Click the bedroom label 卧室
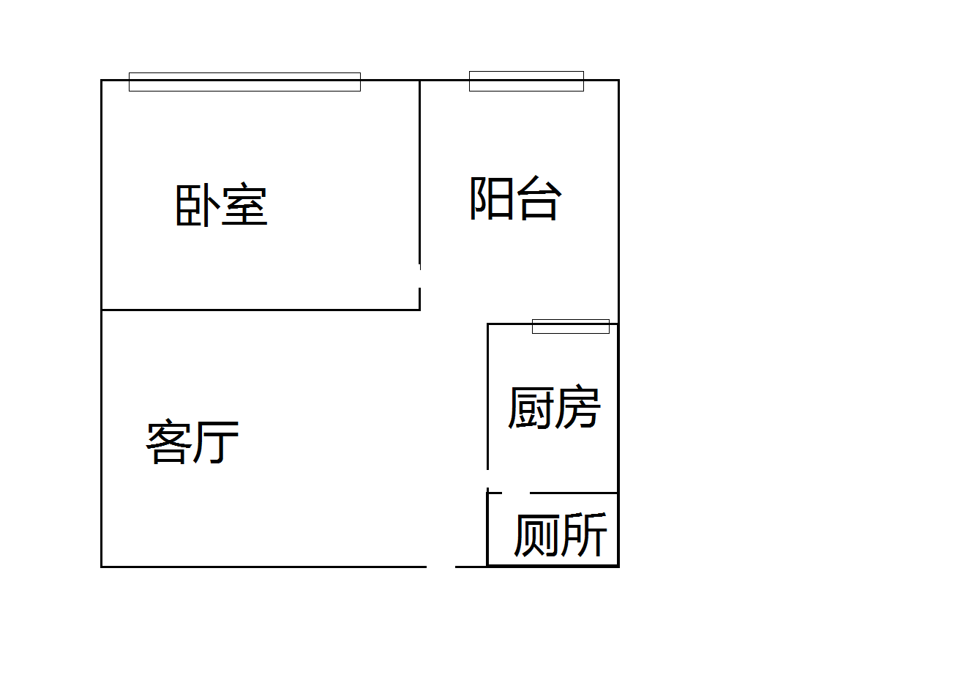tap(222, 205)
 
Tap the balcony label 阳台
tap(515, 198)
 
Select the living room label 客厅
tap(192, 442)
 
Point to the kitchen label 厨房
tap(554, 407)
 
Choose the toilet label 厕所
tap(560, 535)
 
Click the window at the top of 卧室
tap(244, 82)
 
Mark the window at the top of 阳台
tap(526, 81)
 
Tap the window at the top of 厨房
tap(570, 326)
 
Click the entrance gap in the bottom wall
tap(441, 566)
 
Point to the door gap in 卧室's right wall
tap(419, 276)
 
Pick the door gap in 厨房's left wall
tap(488, 479)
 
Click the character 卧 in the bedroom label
tap(198, 205)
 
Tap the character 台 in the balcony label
tap(539, 198)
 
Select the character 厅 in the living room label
tap(217, 442)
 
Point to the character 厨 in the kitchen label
tap(531, 407)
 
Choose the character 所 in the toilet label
tap(584, 535)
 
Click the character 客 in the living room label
tap(169, 442)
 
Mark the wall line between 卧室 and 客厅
tap(260, 310)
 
